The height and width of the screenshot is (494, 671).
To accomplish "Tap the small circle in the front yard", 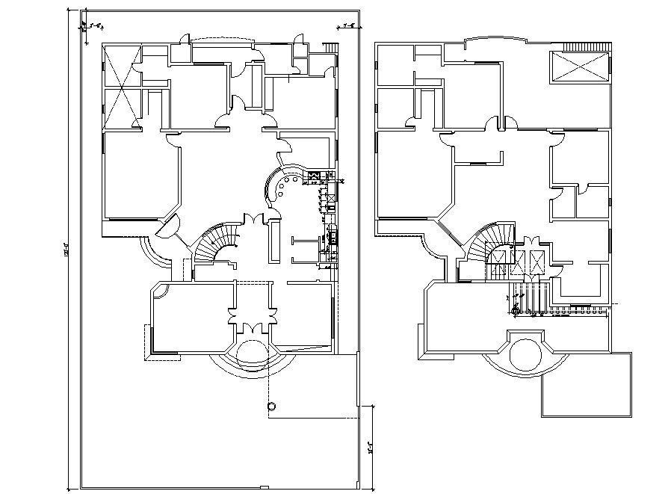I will pyautogui.click(x=271, y=406).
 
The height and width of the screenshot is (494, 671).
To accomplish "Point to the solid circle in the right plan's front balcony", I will pyautogui.click(x=525, y=353).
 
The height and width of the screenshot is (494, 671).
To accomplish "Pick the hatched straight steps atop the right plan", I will pyautogui.click(x=586, y=47).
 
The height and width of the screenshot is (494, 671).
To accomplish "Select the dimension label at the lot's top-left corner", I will pyautogui.click(x=95, y=25).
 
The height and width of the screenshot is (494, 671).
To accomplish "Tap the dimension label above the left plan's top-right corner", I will pyautogui.click(x=348, y=26).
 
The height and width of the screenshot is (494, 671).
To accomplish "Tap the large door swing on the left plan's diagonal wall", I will pyautogui.click(x=170, y=224).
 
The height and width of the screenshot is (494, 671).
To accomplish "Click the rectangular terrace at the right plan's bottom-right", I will pyautogui.click(x=581, y=384).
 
